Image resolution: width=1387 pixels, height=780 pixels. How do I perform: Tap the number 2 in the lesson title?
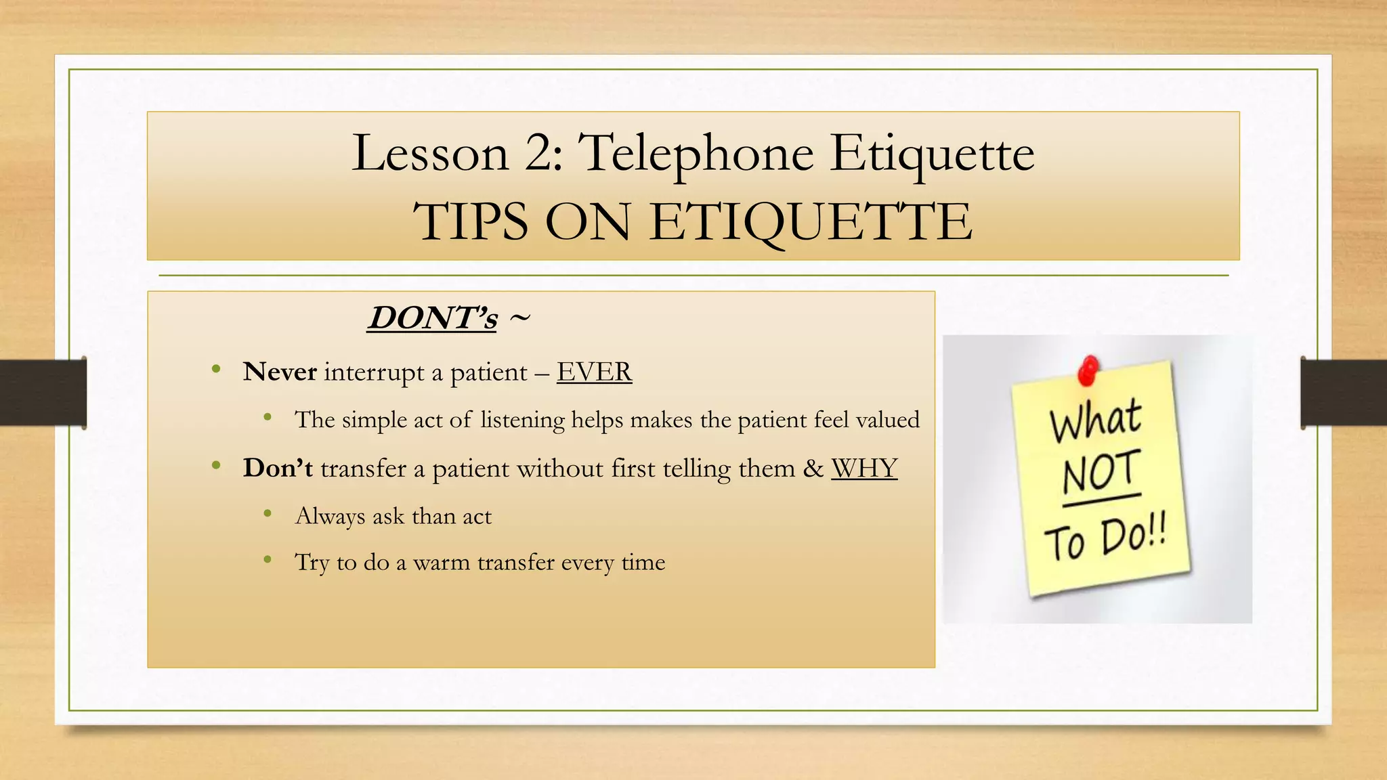click(x=539, y=153)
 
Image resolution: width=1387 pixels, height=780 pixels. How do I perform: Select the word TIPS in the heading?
click(x=471, y=222)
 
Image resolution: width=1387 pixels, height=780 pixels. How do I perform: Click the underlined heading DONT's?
click(x=432, y=318)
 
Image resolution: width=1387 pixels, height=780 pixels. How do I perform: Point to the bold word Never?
click(x=280, y=372)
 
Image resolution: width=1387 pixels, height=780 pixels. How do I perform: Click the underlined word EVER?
click(x=594, y=372)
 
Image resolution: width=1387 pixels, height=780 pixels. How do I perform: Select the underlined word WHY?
click(x=864, y=468)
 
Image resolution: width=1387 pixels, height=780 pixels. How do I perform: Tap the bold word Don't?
click(x=278, y=468)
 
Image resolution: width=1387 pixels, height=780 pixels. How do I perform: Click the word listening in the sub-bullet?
click(x=522, y=420)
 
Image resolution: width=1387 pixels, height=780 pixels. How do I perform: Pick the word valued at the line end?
click(x=887, y=420)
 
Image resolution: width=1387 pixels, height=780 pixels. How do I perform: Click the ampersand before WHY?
click(x=813, y=468)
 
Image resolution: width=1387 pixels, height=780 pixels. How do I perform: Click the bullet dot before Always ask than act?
click(x=268, y=515)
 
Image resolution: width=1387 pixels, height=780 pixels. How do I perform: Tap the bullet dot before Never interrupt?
click(x=216, y=370)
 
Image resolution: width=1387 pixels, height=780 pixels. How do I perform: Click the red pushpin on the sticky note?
click(x=1088, y=370)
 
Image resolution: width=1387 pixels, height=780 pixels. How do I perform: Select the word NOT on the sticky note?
click(x=1101, y=472)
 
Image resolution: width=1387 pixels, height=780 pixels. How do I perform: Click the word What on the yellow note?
click(x=1095, y=420)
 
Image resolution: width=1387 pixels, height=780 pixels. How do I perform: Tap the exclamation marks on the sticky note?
click(x=1157, y=531)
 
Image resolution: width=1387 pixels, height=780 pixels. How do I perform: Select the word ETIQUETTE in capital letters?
click(x=811, y=222)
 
